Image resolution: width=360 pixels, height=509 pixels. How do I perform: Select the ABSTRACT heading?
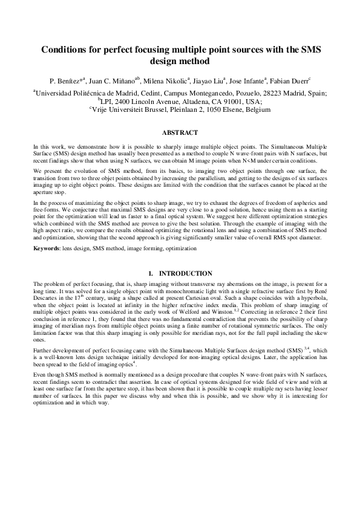coord(180,132)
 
